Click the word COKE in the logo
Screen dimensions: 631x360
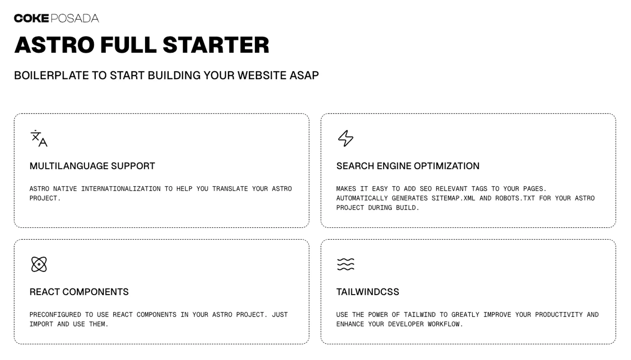(x=32, y=18)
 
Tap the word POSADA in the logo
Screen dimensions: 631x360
(x=75, y=18)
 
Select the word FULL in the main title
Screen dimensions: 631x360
(x=129, y=45)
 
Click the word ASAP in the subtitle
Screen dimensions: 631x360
(x=304, y=75)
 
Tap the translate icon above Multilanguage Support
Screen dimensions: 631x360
(x=39, y=138)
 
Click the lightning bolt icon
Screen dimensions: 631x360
(x=345, y=138)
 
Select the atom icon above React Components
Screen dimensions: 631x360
(x=39, y=264)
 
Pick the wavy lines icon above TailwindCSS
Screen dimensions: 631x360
(x=345, y=264)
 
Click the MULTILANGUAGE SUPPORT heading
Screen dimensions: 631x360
(x=92, y=166)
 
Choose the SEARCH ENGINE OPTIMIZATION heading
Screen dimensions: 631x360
(x=408, y=166)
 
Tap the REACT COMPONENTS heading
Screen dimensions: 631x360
(x=79, y=292)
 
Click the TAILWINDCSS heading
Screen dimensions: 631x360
(x=368, y=292)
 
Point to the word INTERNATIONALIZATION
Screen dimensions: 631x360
(x=121, y=189)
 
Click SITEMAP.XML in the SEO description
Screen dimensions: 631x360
(x=453, y=198)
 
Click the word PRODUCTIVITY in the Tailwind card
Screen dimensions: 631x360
(x=559, y=315)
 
